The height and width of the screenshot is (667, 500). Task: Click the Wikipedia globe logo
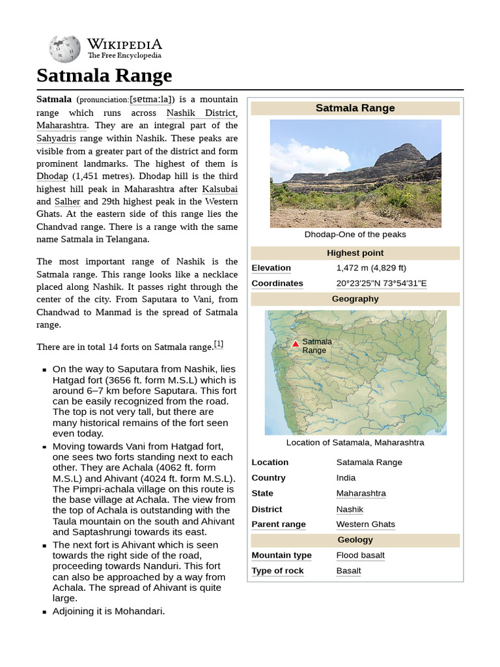click(x=64, y=49)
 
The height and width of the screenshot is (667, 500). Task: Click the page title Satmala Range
click(x=104, y=76)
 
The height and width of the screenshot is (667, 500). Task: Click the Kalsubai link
click(x=219, y=189)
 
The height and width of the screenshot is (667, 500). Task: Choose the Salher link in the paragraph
click(x=67, y=201)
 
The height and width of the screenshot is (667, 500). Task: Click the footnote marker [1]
click(x=219, y=345)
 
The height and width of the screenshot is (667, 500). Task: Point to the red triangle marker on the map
click(x=296, y=344)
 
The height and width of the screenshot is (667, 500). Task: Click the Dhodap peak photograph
click(x=355, y=173)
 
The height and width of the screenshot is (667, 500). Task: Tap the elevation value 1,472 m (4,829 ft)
click(x=371, y=268)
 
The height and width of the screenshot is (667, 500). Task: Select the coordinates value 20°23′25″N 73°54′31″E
click(x=382, y=283)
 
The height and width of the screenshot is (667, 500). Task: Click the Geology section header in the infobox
click(x=355, y=540)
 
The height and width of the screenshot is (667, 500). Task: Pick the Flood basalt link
click(x=360, y=556)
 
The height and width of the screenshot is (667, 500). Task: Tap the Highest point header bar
click(x=355, y=253)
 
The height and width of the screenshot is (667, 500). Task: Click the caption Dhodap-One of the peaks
click(x=355, y=234)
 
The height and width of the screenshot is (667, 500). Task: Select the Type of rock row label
click(x=277, y=571)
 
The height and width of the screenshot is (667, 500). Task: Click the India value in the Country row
click(x=346, y=477)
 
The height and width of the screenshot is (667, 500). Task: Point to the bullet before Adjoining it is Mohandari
click(x=44, y=612)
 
